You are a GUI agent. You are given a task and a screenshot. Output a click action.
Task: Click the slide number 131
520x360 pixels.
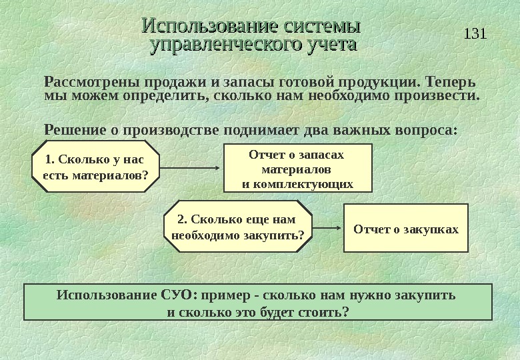click(x=475, y=33)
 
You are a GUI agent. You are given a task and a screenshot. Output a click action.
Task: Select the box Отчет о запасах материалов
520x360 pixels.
click(x=297, y=169)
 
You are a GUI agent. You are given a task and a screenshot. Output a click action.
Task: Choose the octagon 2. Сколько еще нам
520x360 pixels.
click(x=237, y=227)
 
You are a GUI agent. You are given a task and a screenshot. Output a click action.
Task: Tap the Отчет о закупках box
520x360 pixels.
click(x=406, y=229)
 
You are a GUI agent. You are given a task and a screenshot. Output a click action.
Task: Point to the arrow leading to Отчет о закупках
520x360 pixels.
click(x=327, y=227)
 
